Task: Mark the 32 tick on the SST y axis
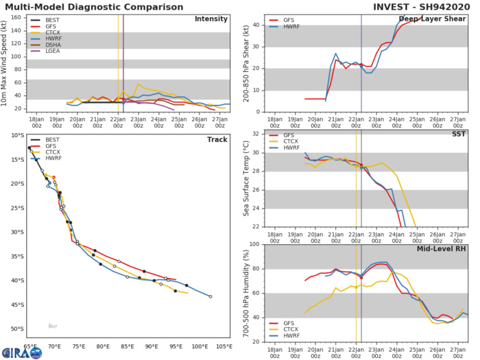coord(257,133)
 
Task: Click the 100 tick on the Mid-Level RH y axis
coord(255,244)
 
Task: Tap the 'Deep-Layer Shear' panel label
coord(432,19)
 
